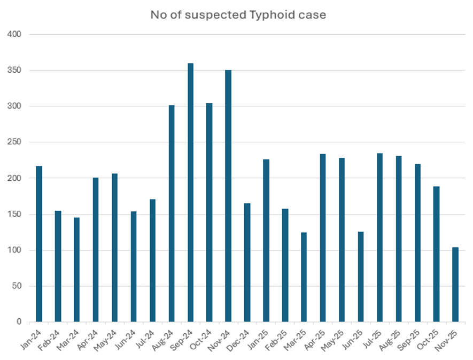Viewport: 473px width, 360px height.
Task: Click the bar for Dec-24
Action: (x=247, y=263)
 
